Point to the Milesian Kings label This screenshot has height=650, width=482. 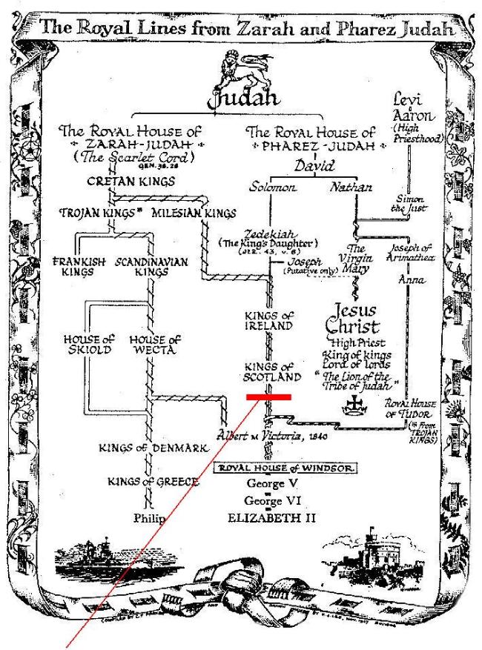(x=194, y=213)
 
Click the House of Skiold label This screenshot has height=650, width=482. (x=88, y=345)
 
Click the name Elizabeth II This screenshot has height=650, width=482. (x=273, y=517)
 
